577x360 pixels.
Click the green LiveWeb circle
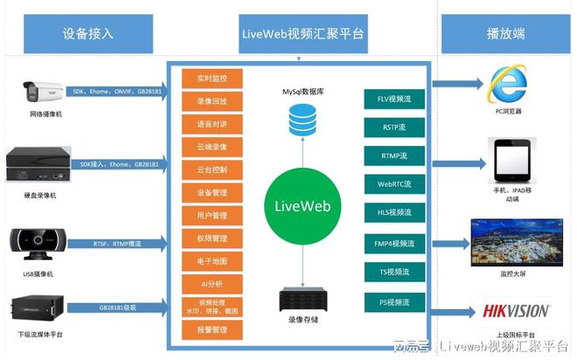pos(301,203)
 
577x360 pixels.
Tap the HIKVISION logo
pos(517,311)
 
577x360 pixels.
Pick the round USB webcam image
pos(37,240)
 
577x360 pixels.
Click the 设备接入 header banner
pos(88,34)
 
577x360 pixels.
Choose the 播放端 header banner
pos(504,34)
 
